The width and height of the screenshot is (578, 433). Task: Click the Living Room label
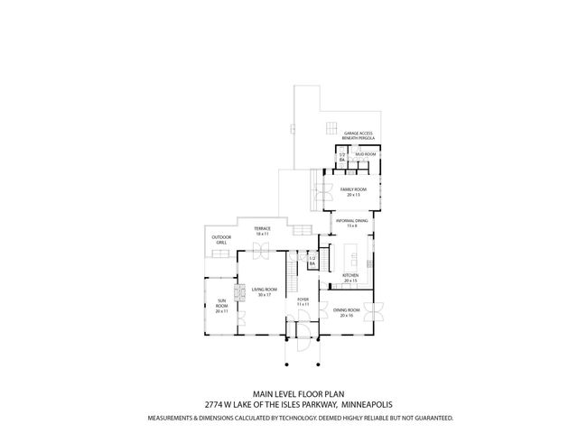coord(263,289)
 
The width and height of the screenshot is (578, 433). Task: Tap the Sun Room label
coord(221,305)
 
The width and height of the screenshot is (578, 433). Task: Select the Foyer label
coord(303,300)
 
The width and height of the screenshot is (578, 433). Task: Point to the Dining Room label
coord(346,310)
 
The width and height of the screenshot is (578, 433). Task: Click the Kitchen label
coord(350,276)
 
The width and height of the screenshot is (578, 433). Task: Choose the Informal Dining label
coord(351,221)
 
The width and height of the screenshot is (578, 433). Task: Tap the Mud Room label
coord(365,155)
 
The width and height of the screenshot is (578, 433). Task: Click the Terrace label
coord(262,231)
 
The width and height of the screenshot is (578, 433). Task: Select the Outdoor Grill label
coord(221,240)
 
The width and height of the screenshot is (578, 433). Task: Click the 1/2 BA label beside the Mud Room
coord(342,156)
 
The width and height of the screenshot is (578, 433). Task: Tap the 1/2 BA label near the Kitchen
coord(312,261)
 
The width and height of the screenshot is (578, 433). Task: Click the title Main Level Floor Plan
coord(289,393)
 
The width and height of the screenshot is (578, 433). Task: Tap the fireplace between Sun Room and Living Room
coord(239,292)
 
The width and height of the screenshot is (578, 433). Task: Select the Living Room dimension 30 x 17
coord(263,295)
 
